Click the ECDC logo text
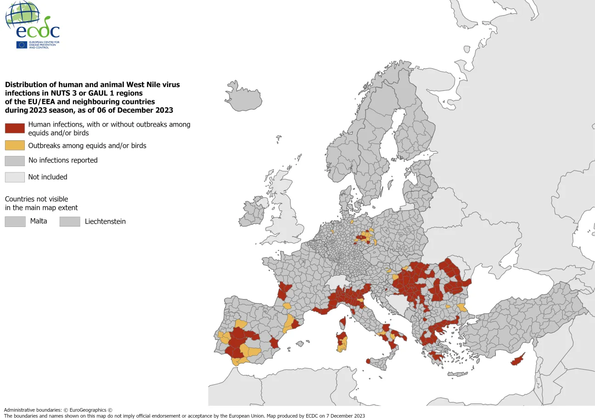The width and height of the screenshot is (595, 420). pos(38,31)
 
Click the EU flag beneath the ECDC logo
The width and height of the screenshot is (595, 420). pos(22,44)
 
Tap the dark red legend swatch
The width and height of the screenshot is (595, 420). pos(15,128)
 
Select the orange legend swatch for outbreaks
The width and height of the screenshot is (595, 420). pos(15,146)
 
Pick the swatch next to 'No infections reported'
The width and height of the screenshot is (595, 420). pos(15,160)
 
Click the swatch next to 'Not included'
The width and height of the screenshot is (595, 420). pos(15,177)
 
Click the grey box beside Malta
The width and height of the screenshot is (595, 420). pos(15,221)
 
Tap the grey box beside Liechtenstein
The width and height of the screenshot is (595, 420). pos(69,221)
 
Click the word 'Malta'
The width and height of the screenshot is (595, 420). pos(39,221)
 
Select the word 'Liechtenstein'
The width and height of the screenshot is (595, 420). pos(105,221)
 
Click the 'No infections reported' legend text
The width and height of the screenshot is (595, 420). pos(63,160)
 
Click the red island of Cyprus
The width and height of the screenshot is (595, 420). pos(518,360)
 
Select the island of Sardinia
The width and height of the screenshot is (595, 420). pos(342,341)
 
